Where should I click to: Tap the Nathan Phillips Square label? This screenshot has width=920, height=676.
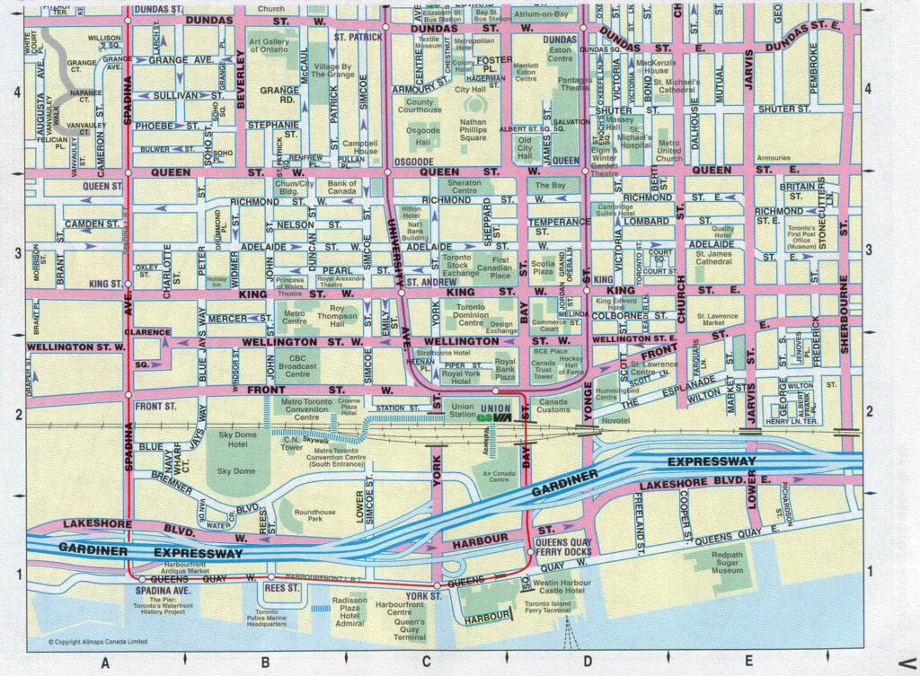pos(473,129)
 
